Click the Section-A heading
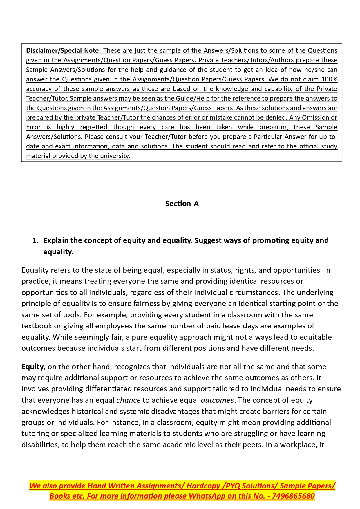pyautogui.click(x=182, y=204)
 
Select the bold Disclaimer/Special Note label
pyautogui.click(x=63, y=51)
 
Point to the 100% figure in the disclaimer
pyautogui.click(x=329, y=79)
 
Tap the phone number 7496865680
pyautogui.click(x=293, y=496)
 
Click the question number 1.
pyautogui.click(x=35, y=241)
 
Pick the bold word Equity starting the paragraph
pyautogui.click(x=32, y=367)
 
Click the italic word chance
pyautogui.click(x=128, y=400)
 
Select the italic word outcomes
pyautogui.click(x=217, y=400)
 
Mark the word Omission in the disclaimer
pyautogui.click(x=316, y=118)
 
